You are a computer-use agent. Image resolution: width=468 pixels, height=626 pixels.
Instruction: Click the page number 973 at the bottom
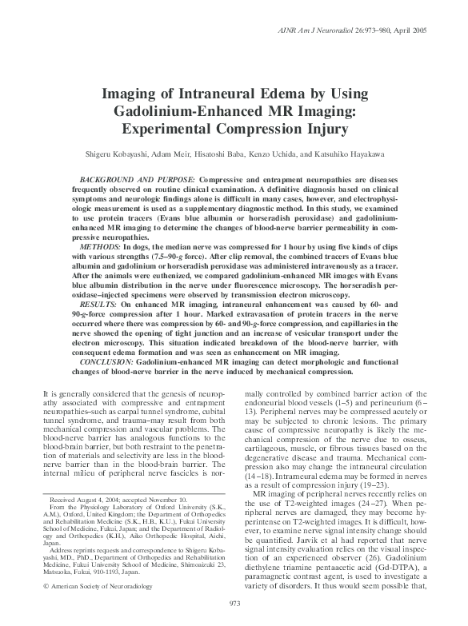coord(234,601)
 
